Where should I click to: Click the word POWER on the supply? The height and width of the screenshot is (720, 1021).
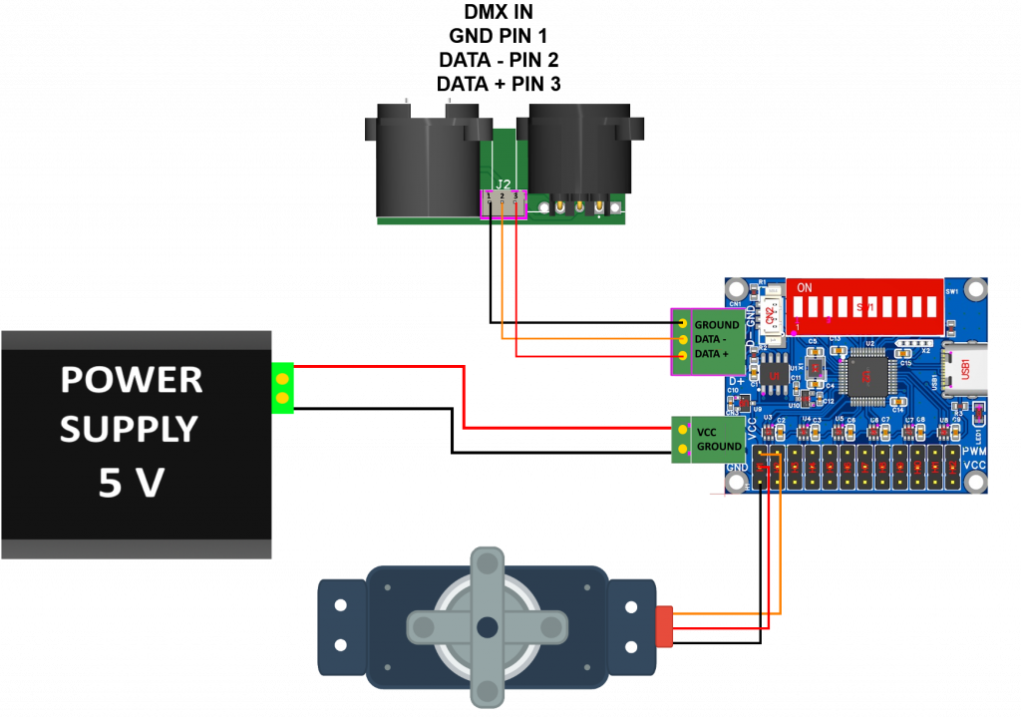point(132,379)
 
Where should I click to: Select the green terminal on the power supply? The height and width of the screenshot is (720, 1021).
point(282,388)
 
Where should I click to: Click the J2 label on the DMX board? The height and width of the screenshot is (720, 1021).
point(504,183)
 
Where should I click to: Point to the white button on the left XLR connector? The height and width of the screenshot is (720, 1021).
point(429,107)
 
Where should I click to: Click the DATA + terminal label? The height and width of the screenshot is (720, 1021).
point(718,354)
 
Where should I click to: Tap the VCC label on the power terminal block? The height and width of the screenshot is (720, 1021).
point(707,432)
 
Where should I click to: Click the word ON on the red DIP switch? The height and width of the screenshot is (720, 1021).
point(805,287)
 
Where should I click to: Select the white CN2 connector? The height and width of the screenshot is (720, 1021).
point(770,316)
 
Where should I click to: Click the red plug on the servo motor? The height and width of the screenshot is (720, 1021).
point(665,625)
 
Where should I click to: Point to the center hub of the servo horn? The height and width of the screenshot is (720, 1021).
point(487,626)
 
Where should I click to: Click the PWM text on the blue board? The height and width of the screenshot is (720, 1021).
point(974,451)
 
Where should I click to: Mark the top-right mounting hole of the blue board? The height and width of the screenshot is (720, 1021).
point(974,288)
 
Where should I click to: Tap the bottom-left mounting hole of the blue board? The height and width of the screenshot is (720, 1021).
point(737,482)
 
